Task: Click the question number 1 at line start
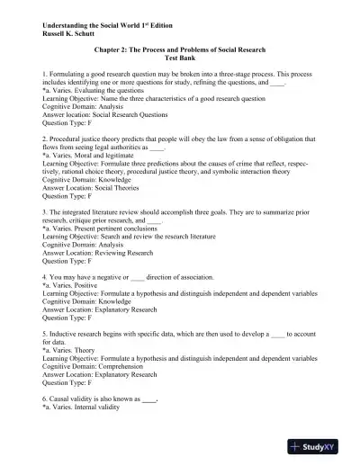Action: (44, 68)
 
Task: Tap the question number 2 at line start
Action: (44, 139)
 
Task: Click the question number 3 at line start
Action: (44, 211)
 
